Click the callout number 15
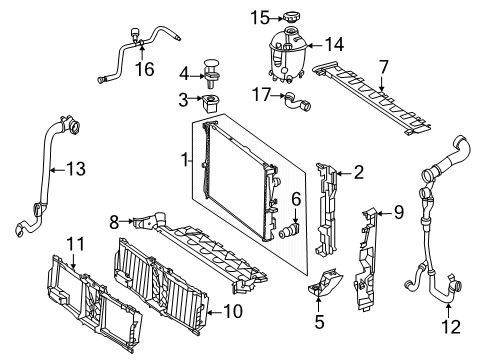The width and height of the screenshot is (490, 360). (260, 18)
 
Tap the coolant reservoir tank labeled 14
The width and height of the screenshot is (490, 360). (287, 55)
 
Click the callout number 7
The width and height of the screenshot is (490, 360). (384, 67)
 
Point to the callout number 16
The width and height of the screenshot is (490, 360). (144, 69)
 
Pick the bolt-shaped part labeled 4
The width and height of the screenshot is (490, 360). (211, 74)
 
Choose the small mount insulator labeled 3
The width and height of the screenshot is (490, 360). (210, 103)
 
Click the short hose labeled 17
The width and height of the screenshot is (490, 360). (297, 102)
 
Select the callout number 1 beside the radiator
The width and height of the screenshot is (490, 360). (185, 160)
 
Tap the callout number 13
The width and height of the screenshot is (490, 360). (76, 169)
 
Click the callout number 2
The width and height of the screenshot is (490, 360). (359, 173)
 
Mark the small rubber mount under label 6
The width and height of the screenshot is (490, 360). (288, 231)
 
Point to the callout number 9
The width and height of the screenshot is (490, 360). (399, 212)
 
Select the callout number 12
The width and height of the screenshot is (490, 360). (451, 327)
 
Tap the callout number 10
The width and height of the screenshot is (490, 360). (233, 312)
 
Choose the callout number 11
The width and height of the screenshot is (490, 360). (76, 244)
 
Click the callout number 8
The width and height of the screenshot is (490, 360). (114, 222)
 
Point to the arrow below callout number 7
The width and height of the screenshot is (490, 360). (382, 83)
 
